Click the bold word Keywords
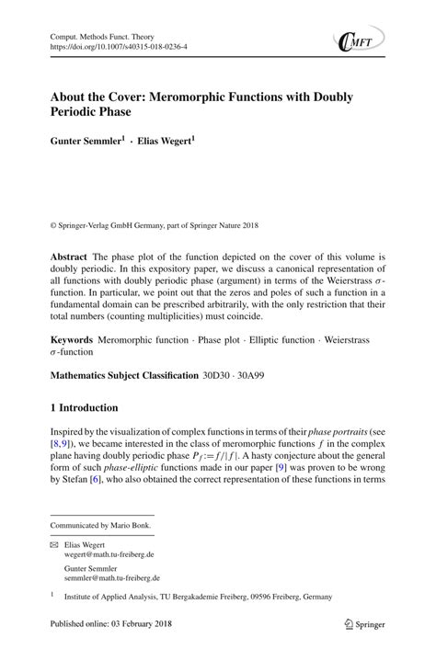tap(72, 339)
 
